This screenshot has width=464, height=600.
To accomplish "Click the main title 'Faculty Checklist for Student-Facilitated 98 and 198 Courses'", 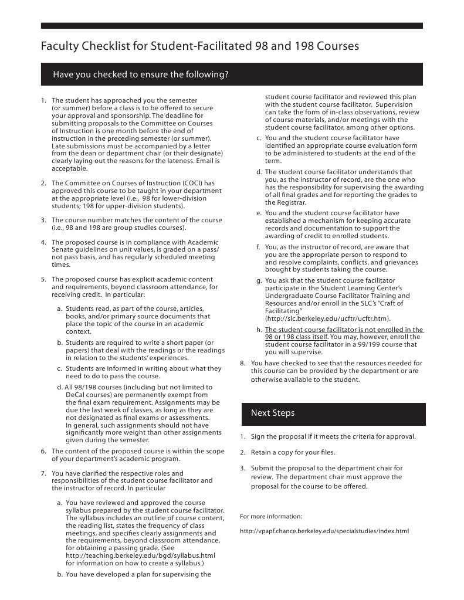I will [x=199, y=46].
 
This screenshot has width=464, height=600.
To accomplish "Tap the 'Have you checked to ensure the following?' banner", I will [x=140, y=74].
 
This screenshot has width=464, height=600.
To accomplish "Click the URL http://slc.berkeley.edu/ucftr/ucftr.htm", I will [x=327, y=318].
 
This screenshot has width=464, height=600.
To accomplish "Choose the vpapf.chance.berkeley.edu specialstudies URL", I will [x=324, y=531].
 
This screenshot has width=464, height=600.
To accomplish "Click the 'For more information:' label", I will [x=271, y=516].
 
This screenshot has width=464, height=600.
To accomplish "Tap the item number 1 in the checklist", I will [x=43, y=101].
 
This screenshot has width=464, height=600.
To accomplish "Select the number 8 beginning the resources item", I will [x=243, y=364].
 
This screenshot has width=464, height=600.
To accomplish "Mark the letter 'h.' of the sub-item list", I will [x=259, y=330].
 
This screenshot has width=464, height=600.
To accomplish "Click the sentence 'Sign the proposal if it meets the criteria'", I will [x=333, y=436].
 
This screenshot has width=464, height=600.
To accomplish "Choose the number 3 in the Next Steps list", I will [x=243, y=468].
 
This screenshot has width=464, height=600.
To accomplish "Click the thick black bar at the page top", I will [x=232, y=26].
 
